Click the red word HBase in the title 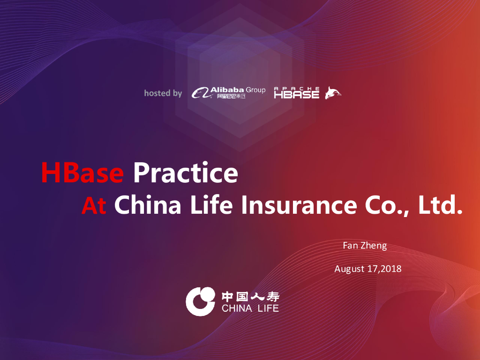[x=82, y=172]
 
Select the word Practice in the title [x=186, y=172]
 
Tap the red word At [x=94, y=205]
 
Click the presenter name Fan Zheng [x=365, y=246]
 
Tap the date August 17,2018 [x=368, y=269]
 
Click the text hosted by [x=163, y=93]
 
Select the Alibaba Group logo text [x=238, y=92]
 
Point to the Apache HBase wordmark [x=297, y=93]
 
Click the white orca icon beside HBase [x=333, y=92]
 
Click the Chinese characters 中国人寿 [x=250, y=296]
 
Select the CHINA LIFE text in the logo [x=250, y=308]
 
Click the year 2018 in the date [x=391, y=269]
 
